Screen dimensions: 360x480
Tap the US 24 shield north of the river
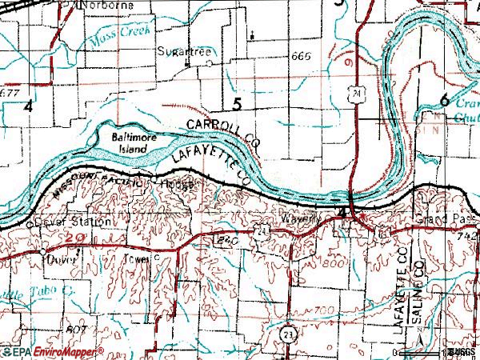click(352, 94)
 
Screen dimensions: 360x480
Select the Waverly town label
click(301, 218)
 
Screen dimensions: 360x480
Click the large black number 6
click(444, 99)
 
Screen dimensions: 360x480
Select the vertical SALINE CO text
click(416, 302)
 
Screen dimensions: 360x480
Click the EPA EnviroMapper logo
click(52, 352)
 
